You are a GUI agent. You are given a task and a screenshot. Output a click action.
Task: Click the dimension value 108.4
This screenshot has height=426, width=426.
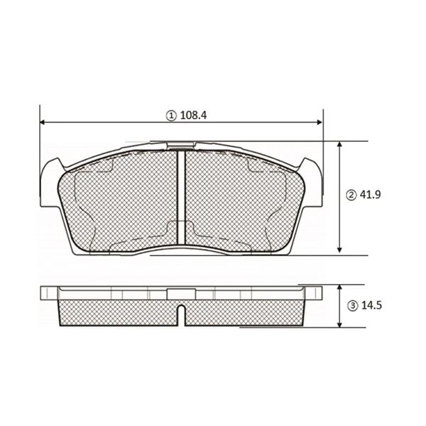coord(193,116)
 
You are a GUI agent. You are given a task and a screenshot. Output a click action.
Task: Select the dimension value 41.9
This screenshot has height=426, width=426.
coord(371,195)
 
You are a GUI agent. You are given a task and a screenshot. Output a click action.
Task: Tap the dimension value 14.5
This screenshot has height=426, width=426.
coord(371,305)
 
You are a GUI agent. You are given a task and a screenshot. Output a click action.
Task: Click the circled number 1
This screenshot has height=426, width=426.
coord(171,116)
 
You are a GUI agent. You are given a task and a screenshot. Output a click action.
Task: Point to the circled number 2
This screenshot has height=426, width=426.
coord(351,195)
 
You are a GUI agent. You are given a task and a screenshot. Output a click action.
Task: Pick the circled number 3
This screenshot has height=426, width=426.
coord(353,306)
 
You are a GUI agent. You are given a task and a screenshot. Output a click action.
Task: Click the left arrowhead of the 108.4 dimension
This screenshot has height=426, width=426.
coord(43,122)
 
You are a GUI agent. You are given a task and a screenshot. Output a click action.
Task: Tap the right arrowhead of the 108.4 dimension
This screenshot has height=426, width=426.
coord(319,122)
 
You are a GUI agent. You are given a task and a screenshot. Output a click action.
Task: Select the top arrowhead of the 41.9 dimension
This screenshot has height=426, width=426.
coord(339,144)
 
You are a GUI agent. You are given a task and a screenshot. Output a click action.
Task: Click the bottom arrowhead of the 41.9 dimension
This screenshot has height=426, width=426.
coord(339,250)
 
